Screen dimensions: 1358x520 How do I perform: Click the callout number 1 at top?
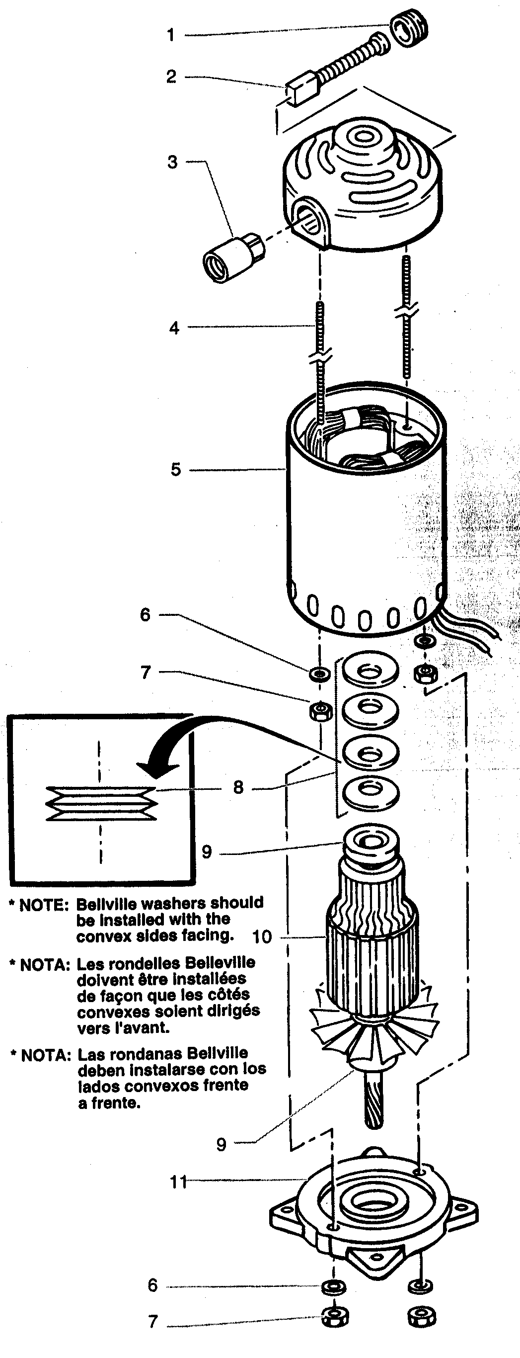pyautogui.click(x=171, y=35)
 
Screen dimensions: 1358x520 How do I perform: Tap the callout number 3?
pyautogui.click(x=172, y=162)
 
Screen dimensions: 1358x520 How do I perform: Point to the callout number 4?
pyautogui.click(x=174, y=328)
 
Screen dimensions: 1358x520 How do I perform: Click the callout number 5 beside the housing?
pyautogui.click(x=175, y=469)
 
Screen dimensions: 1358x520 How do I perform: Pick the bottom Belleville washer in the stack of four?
pyautogui.click(x=370, y=789)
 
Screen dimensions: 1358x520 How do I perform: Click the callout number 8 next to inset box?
pyautogui.click(x=238, y=787)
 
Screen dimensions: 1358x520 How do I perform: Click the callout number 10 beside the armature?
pyautogui.click(x=262, y=937)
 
